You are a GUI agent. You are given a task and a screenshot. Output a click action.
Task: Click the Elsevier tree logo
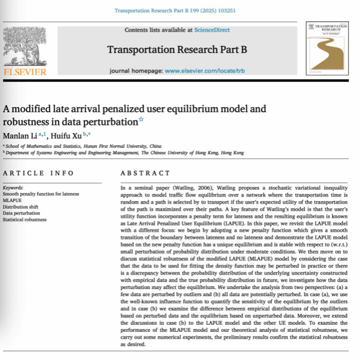tap(25, 45)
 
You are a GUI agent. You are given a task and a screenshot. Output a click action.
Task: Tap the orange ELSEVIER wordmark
tap(25, 72)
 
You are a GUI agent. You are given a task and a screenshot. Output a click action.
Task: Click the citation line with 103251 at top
tap(179, 10)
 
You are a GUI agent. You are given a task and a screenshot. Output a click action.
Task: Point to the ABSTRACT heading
tap(144, 173)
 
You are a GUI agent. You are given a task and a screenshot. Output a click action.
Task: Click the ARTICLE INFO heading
tap(37, 173)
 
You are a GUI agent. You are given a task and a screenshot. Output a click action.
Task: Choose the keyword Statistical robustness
tap(24, 219)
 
